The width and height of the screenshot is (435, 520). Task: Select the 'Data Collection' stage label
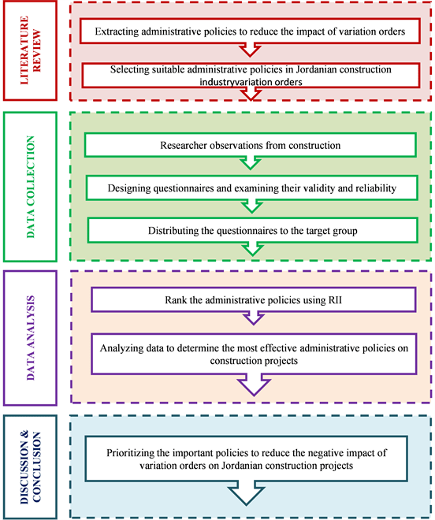[31, 188]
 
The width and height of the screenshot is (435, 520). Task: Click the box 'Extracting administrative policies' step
[249, 32]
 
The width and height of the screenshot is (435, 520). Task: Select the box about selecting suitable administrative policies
[249, 76]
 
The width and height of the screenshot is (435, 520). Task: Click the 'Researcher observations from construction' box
[249, 146]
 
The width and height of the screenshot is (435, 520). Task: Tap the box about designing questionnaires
[249, 188]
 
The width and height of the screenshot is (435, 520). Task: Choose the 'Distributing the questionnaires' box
[249, 230]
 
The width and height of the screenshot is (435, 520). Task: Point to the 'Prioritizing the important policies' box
[249, 460]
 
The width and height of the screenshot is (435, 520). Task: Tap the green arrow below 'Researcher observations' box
[250, 164]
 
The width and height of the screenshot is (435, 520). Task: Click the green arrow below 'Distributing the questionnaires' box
[250, 249]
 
